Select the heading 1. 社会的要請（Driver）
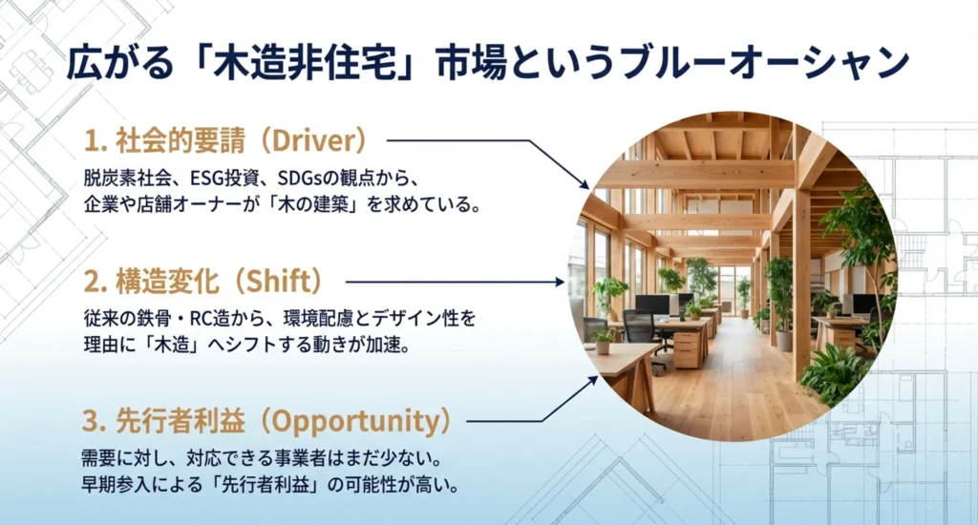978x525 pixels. [x=225, y=141]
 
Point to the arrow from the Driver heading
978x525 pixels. [x=487, y=153]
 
